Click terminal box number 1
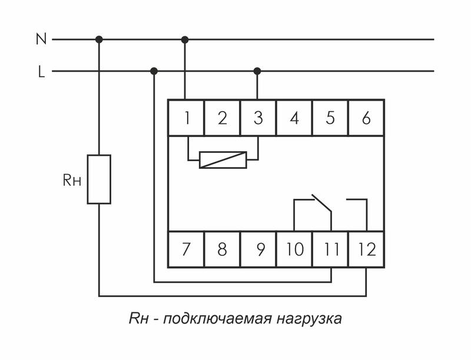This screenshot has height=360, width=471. click(186, 118)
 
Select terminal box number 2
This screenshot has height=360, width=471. click(222, 118)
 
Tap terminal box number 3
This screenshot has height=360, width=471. click(258, 118)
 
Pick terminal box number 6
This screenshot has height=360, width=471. click(366, 118)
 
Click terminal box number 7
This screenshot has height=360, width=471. click(186, 249)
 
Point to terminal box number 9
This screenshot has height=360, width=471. click(258, 249)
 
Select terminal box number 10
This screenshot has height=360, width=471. click(294, 249)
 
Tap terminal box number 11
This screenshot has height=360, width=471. click(330, 249)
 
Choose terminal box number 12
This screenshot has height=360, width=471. click(366, 249)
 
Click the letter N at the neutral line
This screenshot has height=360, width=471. click(41, 39)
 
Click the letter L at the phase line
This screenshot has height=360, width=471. click(41, 72)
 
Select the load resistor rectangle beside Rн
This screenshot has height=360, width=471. click(99, 179)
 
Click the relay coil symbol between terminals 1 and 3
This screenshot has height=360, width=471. click(223, 160)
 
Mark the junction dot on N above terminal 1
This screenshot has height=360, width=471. click(185, 39)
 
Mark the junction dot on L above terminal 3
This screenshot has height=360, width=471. click(257, 71)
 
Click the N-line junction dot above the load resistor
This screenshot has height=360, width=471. click(99, 39)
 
